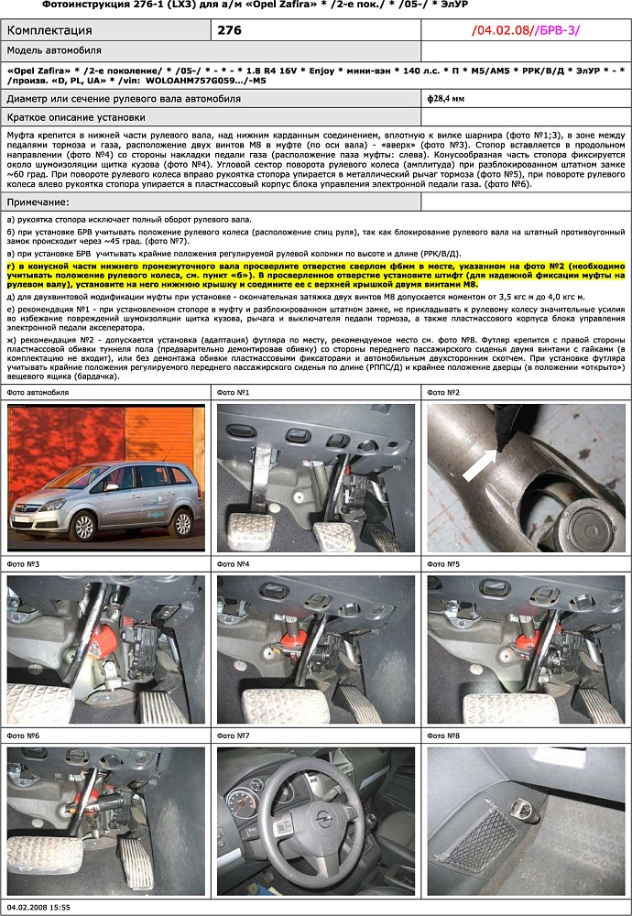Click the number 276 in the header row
tap(231, 30)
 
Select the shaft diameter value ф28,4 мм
tap(446, 98)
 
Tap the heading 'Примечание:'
tap(38, 202)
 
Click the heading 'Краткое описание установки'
tap(76, 117)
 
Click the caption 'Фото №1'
tap(234, 392)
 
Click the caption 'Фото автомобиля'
tap(38, 392)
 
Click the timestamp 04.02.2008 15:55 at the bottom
tap(38, 906)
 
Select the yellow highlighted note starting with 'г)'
tap(315, 274)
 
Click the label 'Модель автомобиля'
tap(54, 50)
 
